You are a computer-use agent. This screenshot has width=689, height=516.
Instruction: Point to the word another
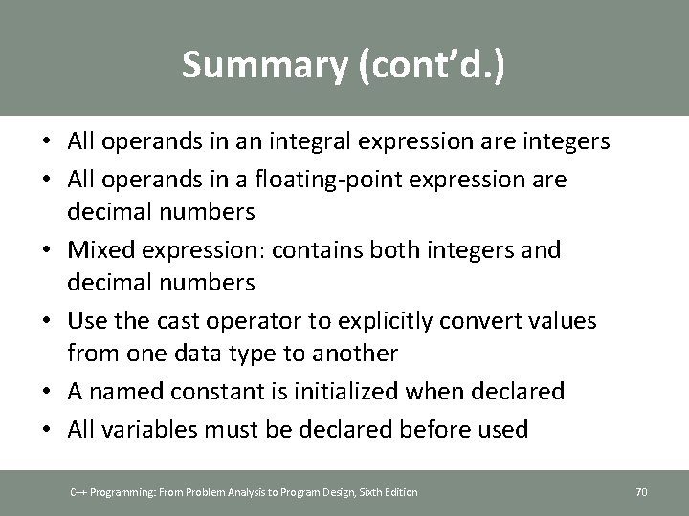pos(351,353)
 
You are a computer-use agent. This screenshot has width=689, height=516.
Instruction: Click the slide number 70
pos(641,492)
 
